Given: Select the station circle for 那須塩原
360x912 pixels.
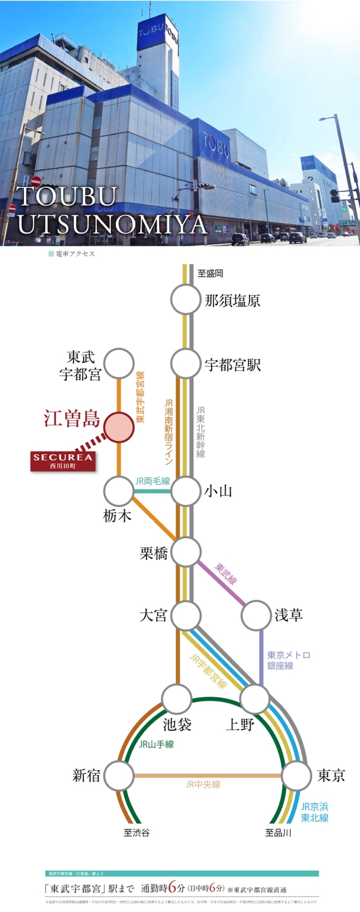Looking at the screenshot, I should point(186,299).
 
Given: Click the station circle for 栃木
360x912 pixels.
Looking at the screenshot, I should point(118,491).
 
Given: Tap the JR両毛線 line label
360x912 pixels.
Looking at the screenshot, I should point(152,481).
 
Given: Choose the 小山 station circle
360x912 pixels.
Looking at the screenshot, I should point(186,491).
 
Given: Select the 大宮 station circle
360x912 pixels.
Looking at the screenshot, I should point(186,614).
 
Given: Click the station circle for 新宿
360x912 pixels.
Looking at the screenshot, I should point(118,776).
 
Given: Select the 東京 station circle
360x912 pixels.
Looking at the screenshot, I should point(296,776).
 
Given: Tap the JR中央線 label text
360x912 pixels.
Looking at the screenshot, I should point(203,785).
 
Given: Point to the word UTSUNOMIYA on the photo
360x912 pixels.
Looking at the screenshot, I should point(112,225).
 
